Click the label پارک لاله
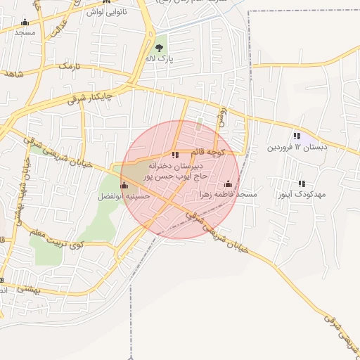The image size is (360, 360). pos(159,58)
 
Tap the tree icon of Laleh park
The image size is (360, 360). pos(160,47)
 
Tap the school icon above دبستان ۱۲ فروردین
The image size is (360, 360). pos(297,136)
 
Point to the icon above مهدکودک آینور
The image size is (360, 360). pos(302,184)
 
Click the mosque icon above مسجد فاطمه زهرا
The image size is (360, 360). pos(227,184)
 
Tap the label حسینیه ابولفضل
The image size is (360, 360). pos(124,197)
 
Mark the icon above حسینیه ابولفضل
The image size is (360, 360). pos(124,186)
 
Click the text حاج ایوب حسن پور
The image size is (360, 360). pos(173,177)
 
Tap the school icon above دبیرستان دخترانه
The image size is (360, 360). pos(175,155)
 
